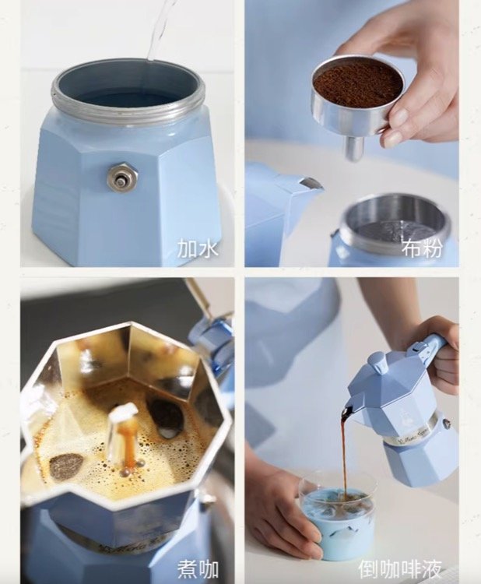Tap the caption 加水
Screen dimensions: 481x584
point(198,248)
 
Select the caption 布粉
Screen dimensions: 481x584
point(422,248)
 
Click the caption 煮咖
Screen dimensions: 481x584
point(198,569)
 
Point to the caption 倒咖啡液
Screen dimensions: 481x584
point(400,569)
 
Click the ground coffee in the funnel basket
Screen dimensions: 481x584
point(358,86)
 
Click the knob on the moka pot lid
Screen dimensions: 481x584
point(376,361)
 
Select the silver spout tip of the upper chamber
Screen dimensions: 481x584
point(311,184)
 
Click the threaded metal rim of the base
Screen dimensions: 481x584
point(128,97)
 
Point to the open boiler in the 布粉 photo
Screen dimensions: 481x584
point(395,230)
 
